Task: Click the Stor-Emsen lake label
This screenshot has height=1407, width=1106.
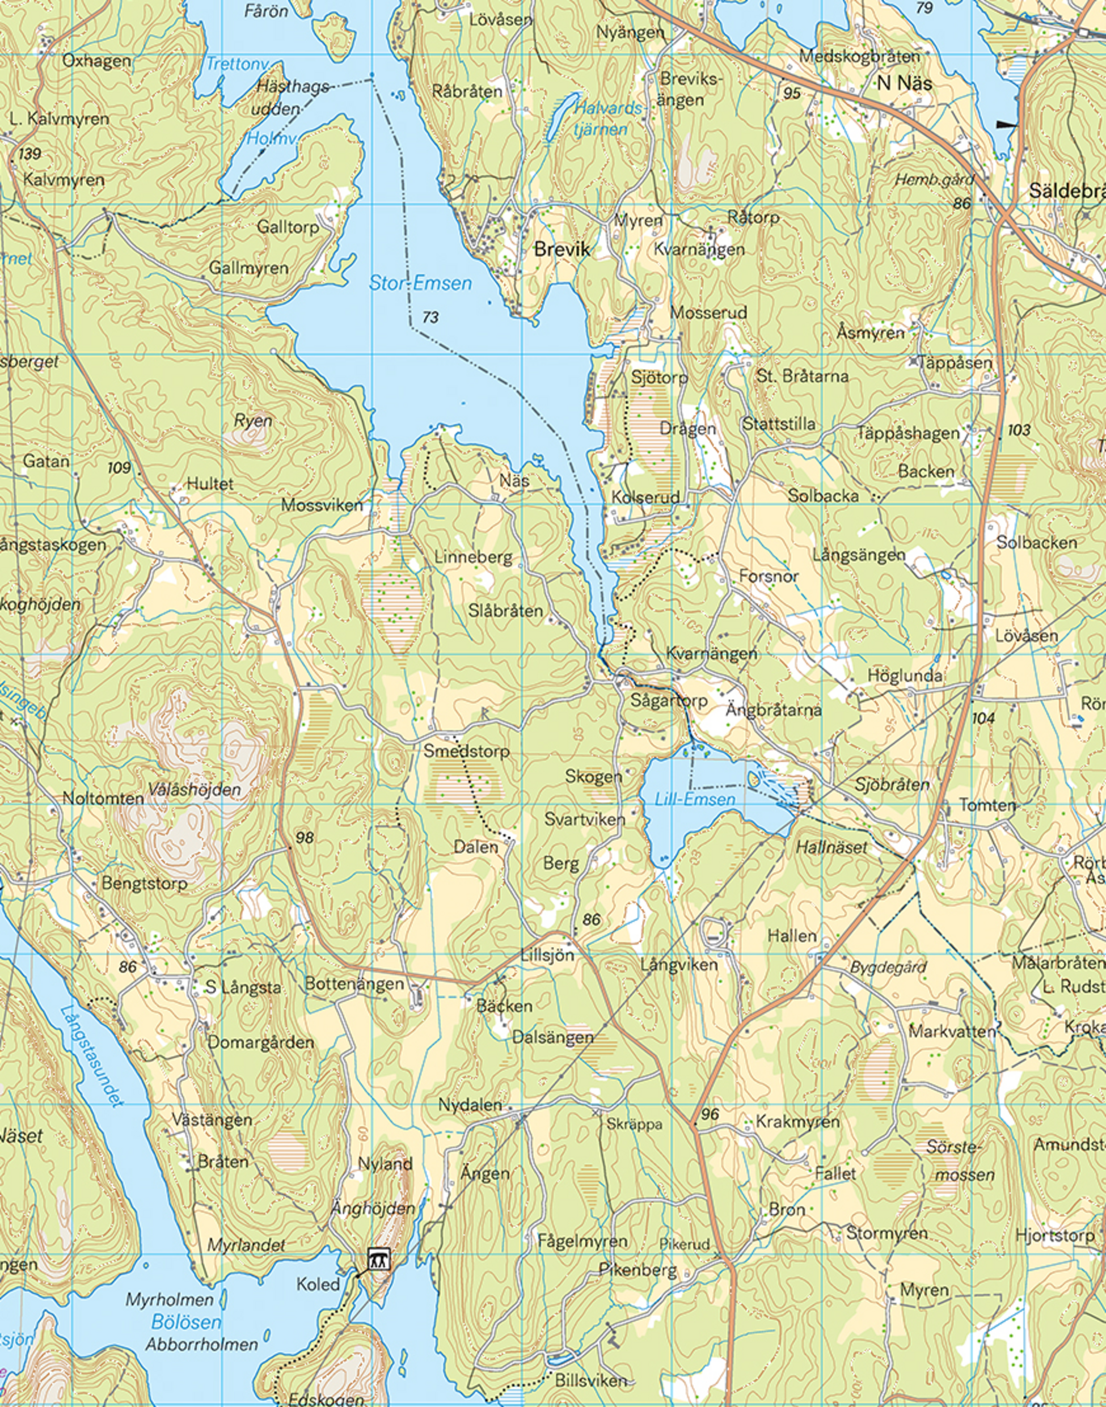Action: (x=420, y=283)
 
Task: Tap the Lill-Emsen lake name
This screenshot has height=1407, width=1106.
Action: (x=695, y=799)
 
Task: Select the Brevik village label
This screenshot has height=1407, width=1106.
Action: (x=562, y=250)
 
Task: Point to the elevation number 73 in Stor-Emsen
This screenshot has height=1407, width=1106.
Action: (x=430, y=317)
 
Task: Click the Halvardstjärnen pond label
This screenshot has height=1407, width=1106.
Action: (x=608, y=119)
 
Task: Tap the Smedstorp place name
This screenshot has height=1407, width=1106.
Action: (x=466, y=751)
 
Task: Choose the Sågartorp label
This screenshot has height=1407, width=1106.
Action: (x=669, y=700)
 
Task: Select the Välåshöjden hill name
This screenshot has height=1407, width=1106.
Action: (x=195, y=790)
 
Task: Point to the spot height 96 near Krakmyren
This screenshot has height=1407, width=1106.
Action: (x=710, y=1114)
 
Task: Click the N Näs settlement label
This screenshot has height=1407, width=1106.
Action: (x=905, y=83)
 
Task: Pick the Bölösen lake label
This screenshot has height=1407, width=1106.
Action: (x=187, y=1321)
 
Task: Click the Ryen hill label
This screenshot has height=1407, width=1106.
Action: (x=252, y=421)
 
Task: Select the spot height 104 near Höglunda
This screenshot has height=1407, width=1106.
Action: (x=983, y=717)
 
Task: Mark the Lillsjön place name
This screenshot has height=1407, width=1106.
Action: (x=547, y=954)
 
